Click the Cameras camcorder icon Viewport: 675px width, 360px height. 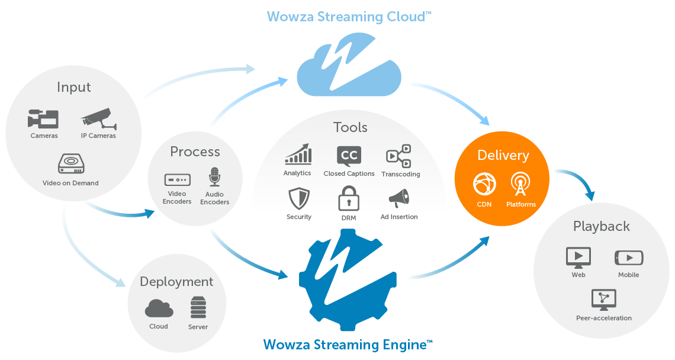click(43, 119)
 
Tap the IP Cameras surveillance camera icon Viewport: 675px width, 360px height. click(98, 118)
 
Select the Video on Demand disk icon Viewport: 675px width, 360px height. click(70, 164)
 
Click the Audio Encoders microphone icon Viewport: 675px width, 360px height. click(214, 177)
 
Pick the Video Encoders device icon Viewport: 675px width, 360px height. click(177, 179)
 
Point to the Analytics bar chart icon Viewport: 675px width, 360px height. click(298, 154)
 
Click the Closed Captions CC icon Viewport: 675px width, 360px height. click(349, 156)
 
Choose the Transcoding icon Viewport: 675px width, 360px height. click(398, 156)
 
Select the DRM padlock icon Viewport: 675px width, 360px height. click(349, 198)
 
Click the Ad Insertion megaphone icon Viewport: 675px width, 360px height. click(398, 198)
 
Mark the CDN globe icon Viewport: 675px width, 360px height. click(484, 184)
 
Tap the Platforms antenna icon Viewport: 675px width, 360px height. click(521, 184)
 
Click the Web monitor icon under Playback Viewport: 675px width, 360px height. click(578, 258)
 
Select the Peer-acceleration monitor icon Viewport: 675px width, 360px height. click(603, 300)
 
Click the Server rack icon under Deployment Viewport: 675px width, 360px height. click(198, 309)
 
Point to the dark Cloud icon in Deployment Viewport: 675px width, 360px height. click(159, 308)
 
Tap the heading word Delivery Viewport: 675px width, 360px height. click(503, 155)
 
